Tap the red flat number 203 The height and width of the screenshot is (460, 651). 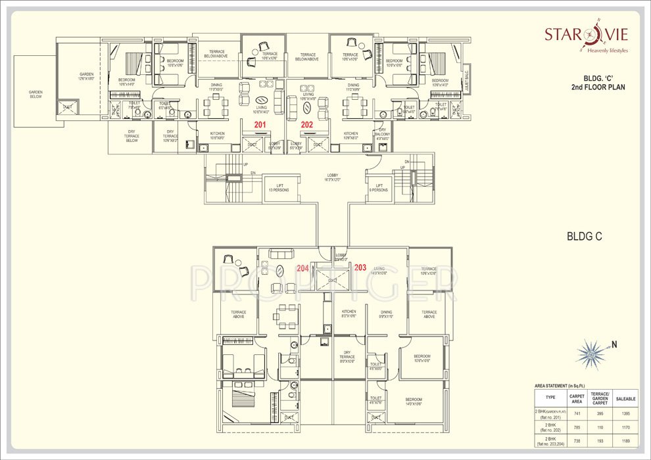[x=360, y=267]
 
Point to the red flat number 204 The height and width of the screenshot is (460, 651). [x=302, y=267]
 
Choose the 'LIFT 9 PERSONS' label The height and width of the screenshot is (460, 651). [x=379, y=188]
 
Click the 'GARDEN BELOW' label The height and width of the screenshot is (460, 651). [x=35, y=94]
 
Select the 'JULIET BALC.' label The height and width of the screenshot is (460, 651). [x=465, y=80]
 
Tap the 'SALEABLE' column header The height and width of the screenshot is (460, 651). [x=624, y=398]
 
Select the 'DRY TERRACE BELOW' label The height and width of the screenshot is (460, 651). [x=132, y=135]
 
